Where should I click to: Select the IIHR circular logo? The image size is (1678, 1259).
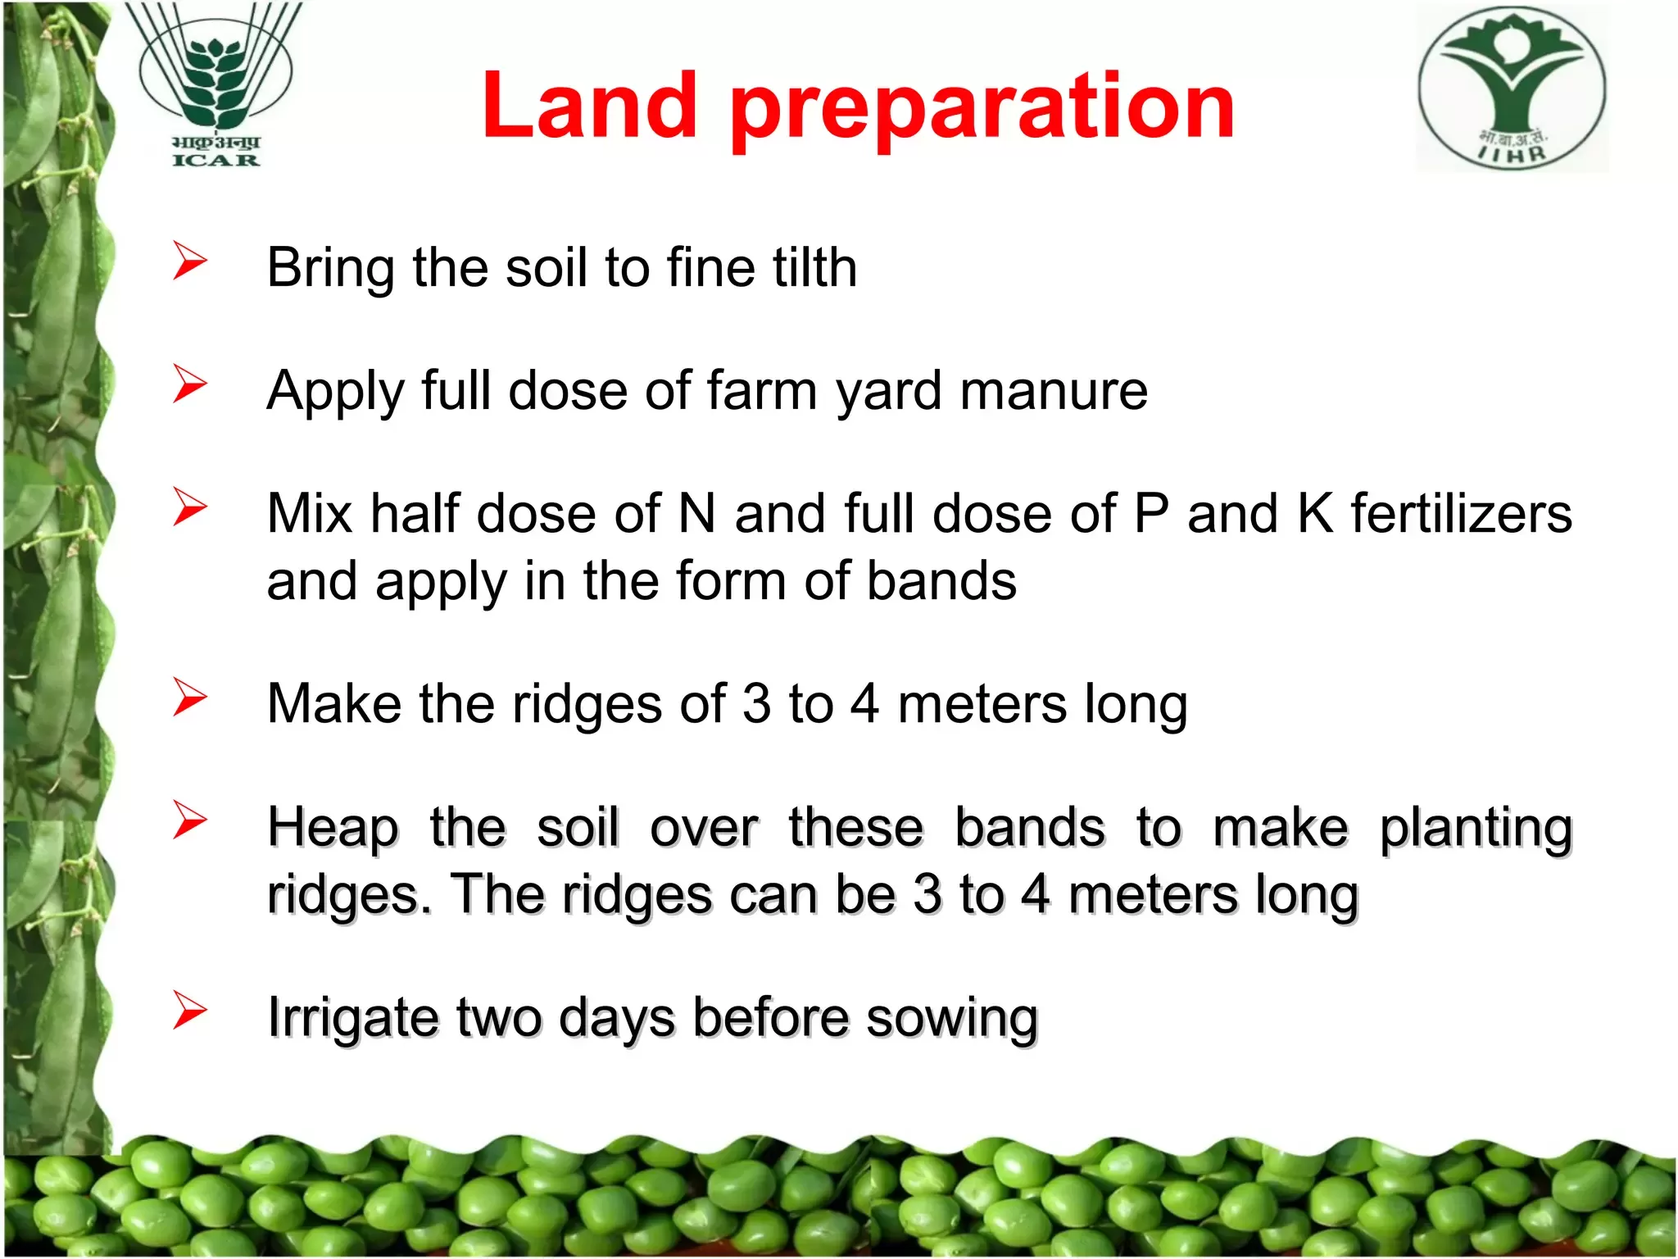tap(1512, 89)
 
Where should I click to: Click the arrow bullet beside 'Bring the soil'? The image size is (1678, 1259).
tap(189, 261)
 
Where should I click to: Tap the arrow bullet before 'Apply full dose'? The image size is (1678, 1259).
tap(189, 384)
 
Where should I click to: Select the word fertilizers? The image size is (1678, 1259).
tap(1462, 513)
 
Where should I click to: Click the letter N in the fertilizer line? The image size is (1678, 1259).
tap(697, 514)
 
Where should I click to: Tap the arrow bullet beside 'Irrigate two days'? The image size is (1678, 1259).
tap(189, 1010)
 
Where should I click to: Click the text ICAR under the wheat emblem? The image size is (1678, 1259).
tap(215, 160)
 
